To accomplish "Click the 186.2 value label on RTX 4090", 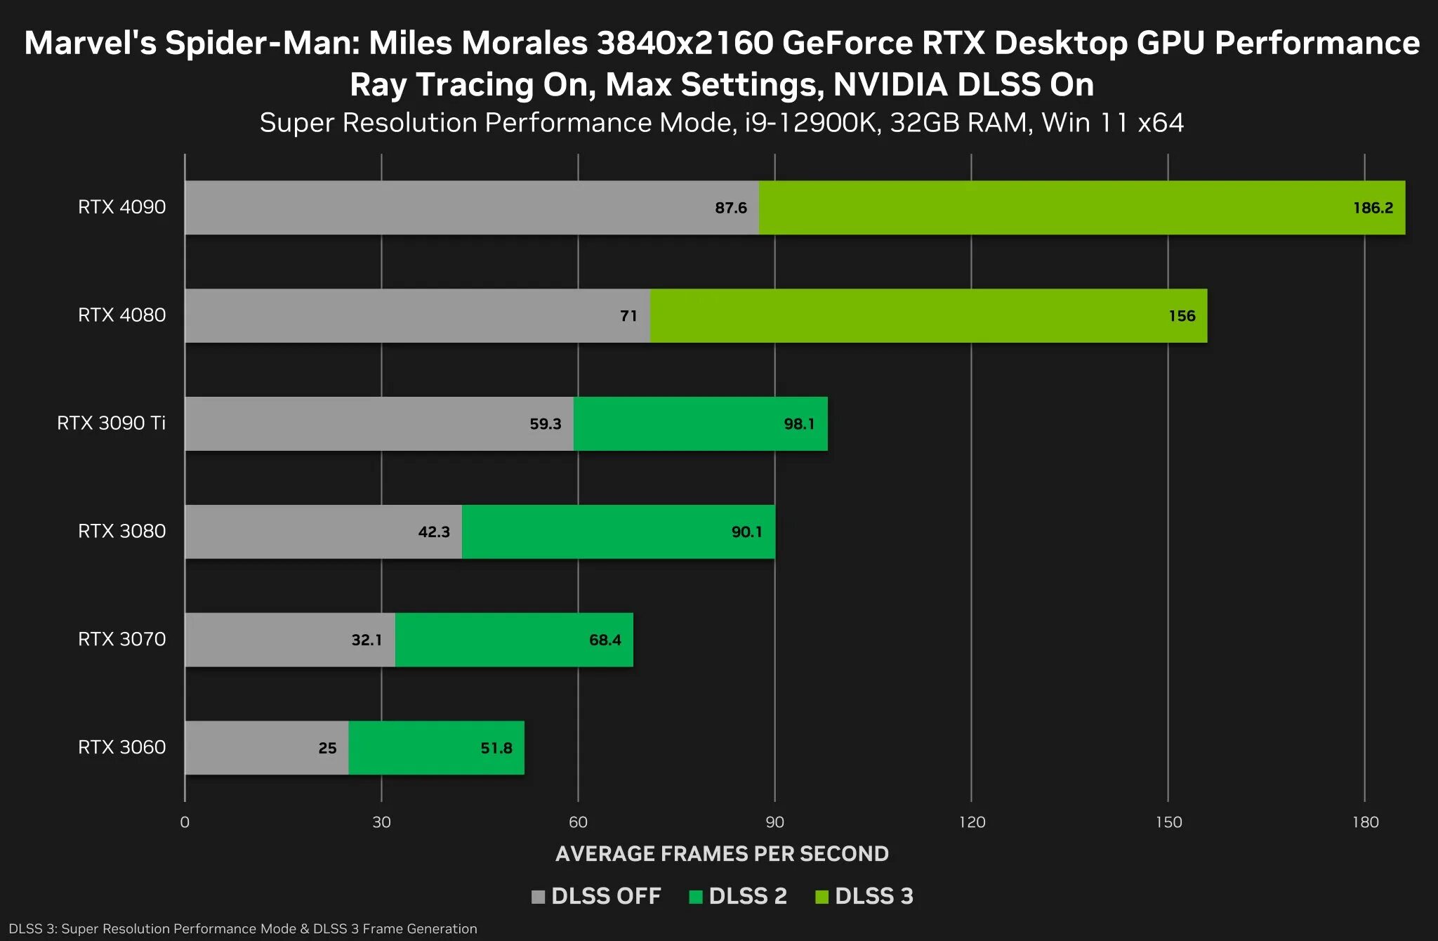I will click(x=1373, y=208).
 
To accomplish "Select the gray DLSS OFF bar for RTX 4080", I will click(x=417, y=316).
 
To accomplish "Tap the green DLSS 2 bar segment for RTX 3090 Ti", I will click(x=700, y=423).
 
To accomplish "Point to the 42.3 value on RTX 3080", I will click(x=434, y=532).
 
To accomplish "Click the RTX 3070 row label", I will click(x=121, y=639).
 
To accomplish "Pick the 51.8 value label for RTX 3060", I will click(x=496, y=748).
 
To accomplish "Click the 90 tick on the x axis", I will click(x=774, y=822).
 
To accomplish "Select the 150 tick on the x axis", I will click(x=1168, y=822).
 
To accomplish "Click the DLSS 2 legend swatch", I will click(x=696, y=897).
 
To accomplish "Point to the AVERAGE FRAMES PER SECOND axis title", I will click(x=722, y=853).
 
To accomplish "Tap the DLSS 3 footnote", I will click(x=243, y=928).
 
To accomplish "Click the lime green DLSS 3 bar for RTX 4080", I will click(x=928, y=316).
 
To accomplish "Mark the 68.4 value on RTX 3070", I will click(x=605, y=640).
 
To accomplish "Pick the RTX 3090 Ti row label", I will click(x=111, y=423).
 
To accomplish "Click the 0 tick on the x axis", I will click(x=185, y=822).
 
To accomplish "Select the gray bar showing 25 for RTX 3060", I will click(x=267, y=748).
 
